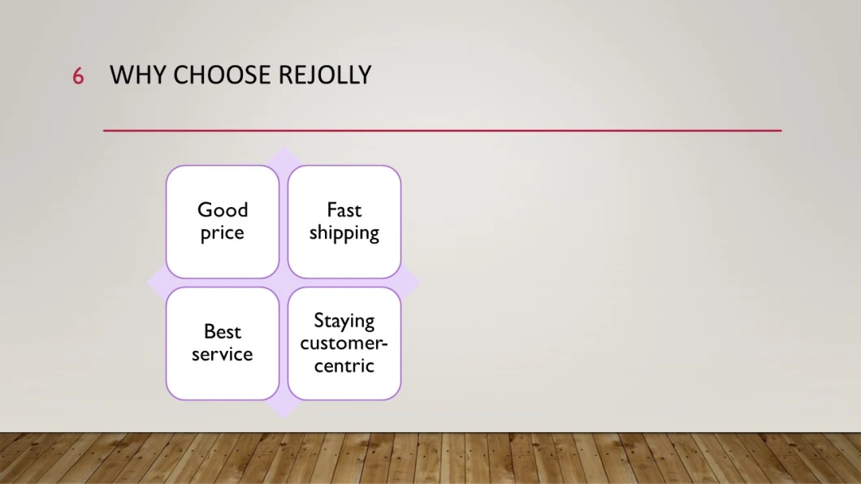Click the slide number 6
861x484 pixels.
pos(78,76)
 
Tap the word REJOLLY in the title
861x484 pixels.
pos(325,76)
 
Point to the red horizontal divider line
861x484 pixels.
pos(442,131)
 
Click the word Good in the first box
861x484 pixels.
pos(223,210)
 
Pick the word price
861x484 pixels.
pos(223,233)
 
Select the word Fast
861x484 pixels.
pos(344,210)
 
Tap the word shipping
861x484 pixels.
pos(344,233)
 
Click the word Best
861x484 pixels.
pos(223,331)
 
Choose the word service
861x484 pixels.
pos(223,355)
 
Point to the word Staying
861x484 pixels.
pos(344,321)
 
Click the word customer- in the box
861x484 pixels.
pos(344,344)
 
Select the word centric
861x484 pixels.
pos(344,366)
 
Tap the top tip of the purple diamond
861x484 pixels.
pos(283,146)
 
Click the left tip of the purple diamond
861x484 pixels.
pos(146,283)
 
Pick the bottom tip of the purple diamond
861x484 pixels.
pos(283,419)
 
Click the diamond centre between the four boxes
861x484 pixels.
pos(283,283)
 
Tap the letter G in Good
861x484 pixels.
pos(204,210)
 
